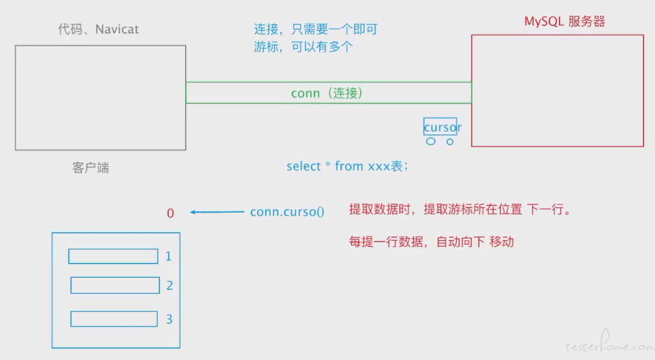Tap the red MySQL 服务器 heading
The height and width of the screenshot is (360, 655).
565,22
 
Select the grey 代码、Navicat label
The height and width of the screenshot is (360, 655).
98,29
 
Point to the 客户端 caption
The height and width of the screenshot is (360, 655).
90,168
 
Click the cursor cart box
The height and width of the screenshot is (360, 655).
440,127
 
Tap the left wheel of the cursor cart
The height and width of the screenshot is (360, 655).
431,141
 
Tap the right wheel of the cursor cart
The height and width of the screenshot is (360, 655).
450,141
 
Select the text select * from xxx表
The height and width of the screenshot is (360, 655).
347,166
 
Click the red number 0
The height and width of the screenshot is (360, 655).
170,213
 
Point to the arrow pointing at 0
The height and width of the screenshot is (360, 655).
217,212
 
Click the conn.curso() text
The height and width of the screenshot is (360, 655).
287,212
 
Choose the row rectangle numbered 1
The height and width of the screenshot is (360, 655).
113,256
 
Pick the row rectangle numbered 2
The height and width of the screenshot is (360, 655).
115,285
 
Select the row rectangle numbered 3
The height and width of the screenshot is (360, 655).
114,319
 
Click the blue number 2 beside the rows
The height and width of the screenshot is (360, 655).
169,285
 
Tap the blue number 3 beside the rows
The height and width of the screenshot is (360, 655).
169,319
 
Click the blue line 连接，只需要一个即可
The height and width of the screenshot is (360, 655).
315,30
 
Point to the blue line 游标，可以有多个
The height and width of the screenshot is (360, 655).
303,47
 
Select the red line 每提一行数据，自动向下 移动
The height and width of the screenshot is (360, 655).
431,242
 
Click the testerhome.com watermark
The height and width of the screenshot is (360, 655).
609,345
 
